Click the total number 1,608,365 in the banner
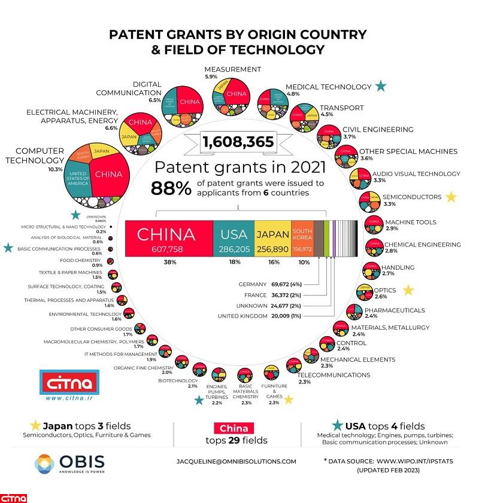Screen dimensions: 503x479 click(238, 142)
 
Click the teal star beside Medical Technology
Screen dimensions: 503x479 click(380, 87)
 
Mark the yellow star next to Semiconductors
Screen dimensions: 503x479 click(451, 197)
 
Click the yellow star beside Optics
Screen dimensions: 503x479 click(408, 291)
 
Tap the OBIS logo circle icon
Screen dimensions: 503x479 click(44, 464)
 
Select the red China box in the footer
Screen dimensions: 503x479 click(234, 428)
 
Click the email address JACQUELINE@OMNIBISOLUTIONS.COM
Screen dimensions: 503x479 click(237, 461)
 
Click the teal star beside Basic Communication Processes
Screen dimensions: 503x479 click(8, 248)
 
